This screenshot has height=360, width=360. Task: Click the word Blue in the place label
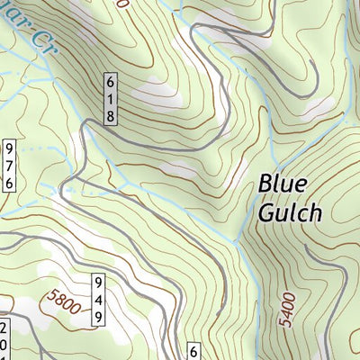[283, 184]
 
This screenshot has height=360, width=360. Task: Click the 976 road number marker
[8, 165]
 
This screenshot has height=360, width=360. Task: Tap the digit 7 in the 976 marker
[8, 165]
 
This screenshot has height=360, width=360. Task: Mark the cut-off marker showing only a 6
[193, 351]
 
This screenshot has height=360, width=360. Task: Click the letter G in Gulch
[266, 212]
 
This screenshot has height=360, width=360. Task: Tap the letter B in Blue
[266, 184]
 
